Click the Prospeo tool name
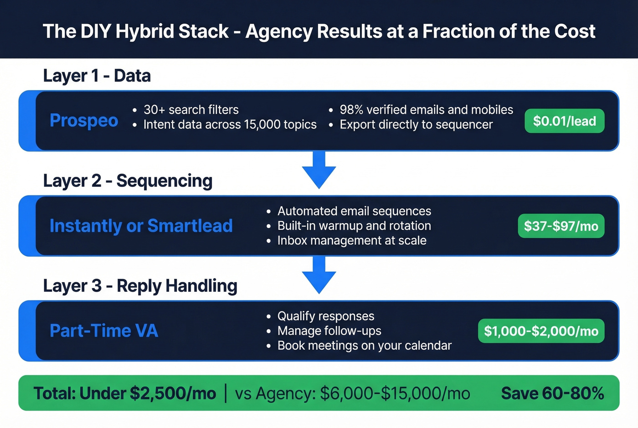[x=84, y=121]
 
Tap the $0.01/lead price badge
[x=564, y=121]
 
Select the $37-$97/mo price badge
[x=561, y=226]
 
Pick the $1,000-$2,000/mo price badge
[x=541, y=331]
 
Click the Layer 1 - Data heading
[x=97, y=76]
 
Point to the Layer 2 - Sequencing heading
[x=128, y=180]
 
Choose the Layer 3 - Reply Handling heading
[x=140, y=286]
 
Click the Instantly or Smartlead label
[x=141, y=226]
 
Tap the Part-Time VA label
[x=104, y=331]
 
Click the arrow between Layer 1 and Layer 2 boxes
[x=319, y=170]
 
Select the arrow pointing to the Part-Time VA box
[x=319, y=275]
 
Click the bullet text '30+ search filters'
[x=191, y=110]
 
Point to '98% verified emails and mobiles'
[x=426, y=110]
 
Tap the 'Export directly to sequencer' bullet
[x=416, y=124]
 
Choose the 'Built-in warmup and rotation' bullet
[x=354, y=226]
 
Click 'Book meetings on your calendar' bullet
[x=364, y=345]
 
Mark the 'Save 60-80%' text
[x=552, y=393]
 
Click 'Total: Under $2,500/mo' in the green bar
[x=125, y=393]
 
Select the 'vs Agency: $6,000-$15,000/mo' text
[x=352, y=393]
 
